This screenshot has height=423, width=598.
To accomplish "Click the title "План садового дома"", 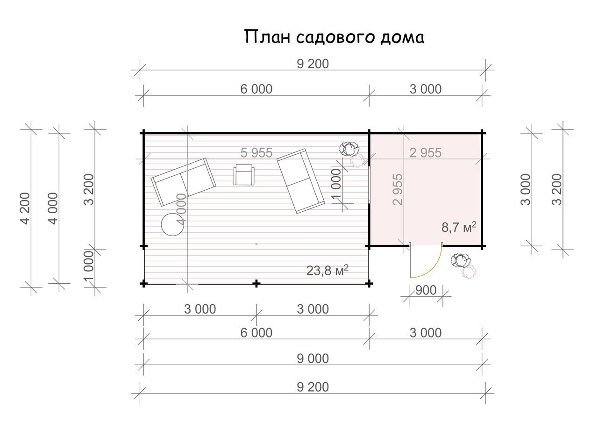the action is coord(334,37).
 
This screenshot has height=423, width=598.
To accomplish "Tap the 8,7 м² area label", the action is coord(459,227).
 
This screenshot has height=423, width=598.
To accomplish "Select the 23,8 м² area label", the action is coord(327,270).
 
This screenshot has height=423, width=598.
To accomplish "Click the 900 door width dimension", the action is coord(426,290).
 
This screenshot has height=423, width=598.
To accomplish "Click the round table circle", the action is coord(173,224).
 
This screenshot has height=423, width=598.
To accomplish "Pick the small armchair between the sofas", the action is coord(244,175).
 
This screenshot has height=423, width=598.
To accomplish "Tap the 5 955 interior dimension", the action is coord(256,153).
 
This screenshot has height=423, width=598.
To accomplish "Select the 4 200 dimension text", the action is coord(26,208).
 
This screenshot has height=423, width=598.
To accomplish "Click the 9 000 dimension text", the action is coord(313,358).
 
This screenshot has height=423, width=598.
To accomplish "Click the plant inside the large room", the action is coord(352,155).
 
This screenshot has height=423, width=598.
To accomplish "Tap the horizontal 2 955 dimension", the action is coord(426,153).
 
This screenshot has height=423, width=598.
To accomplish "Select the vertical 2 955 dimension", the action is coord(398,189).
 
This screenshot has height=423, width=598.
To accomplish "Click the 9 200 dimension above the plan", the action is coord(313,64).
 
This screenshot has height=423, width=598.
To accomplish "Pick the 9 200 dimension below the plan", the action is coord(313,387).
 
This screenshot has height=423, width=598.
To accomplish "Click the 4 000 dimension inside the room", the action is coord(181,209).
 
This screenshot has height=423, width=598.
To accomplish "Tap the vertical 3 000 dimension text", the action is coord(526,189).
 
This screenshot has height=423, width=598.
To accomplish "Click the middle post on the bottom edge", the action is coord(256,284).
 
